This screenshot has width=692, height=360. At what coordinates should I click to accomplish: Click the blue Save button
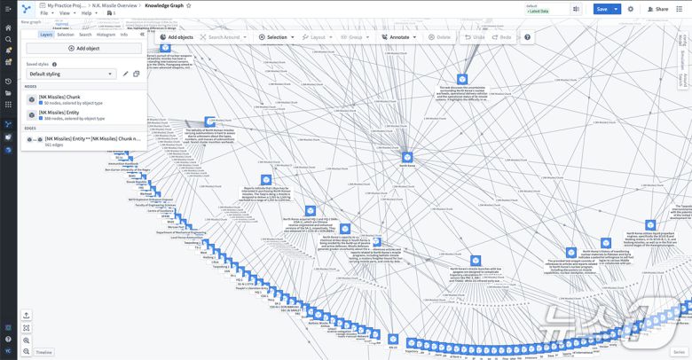602,9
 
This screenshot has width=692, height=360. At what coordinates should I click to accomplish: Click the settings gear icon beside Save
631,9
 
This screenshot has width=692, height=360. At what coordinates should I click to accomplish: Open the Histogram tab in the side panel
106,35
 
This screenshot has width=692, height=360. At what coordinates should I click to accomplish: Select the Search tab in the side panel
85,35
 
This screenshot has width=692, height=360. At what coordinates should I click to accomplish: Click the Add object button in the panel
84,48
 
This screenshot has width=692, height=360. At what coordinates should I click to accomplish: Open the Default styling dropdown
71,74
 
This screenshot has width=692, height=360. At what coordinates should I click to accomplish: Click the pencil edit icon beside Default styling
125,74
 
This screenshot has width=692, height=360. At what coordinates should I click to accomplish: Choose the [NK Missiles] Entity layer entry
71,114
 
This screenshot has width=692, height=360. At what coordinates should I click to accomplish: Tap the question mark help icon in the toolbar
527,37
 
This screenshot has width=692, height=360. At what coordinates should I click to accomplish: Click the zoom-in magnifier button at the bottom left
27,340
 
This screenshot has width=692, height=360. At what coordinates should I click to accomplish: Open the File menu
44,13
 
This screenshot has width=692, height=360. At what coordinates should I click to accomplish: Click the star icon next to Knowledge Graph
188,5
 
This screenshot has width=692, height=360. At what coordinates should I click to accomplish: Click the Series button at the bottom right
679,352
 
